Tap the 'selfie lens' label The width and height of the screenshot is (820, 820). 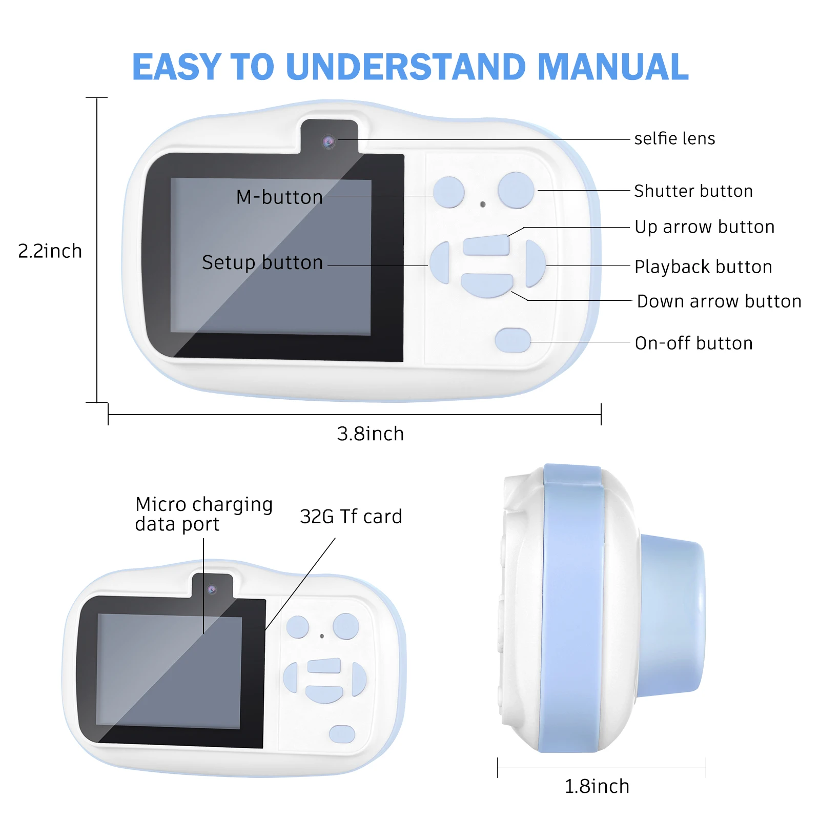(x=674, y=139)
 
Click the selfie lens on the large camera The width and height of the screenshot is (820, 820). (x=329, y=141)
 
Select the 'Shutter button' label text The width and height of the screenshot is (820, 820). (x=693, y=191)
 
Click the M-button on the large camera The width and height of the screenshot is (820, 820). (x=448, y=192)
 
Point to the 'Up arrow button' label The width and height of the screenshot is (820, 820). (x=704, y=227)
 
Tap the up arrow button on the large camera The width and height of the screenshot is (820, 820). (x=486, y=245)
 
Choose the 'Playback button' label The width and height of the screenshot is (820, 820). (x=703, y=267)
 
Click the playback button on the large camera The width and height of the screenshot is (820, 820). (x=535, y=263)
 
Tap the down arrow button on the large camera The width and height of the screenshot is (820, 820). (x=486, y=284)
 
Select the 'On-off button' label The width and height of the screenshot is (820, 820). (x=693, y=343)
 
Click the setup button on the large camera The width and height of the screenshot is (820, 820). (x=440, y=263)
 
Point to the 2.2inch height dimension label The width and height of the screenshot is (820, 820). (x=50, y=251)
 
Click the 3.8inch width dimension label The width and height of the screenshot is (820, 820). (x=370, y=434)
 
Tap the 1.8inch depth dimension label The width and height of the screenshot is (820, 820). (x=597, y=786)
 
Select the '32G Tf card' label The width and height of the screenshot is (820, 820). (x=351, y=517)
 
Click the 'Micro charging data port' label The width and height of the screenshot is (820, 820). (x=203, y=514)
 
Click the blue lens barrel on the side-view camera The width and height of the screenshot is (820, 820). (x=672, y=615)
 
